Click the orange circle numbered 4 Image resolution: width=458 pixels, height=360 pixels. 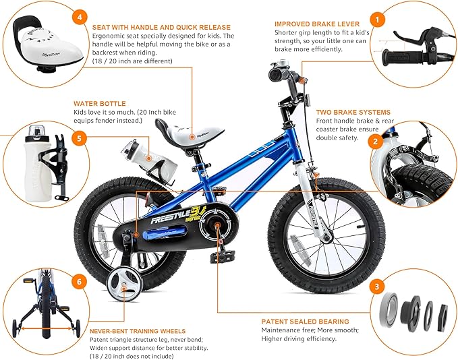(81, 16)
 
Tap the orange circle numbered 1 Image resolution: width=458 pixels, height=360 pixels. (379, 20)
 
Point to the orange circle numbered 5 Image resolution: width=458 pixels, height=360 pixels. (80, 140)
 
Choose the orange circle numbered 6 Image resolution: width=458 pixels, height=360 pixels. (80, 282)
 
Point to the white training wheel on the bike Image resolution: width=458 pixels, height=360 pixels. (123, 284)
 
